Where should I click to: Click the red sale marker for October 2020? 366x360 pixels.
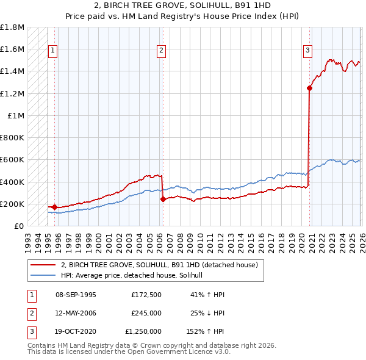[309, 88]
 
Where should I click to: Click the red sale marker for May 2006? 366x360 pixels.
[162, 199]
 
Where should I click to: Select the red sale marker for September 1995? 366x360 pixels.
[54, 207]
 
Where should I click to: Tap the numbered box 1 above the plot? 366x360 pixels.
[53, 51]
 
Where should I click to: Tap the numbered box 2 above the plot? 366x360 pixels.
[161, 51]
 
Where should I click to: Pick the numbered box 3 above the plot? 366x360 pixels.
[308, 51]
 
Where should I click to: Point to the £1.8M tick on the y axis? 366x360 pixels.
[13, 27]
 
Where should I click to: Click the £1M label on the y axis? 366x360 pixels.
[16, 115]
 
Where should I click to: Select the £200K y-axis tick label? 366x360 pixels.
[13, 204]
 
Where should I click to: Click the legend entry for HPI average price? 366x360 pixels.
[135, 275]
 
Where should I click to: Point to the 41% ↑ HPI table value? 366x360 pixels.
[208, 294]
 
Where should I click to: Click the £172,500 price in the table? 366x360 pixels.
[146, 294]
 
